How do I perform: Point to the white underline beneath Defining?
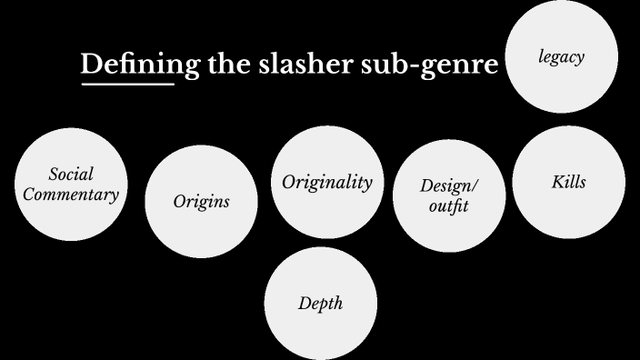pyautogui.click(x=126, y=85)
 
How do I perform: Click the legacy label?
pyautogui.click(x=560, y=57)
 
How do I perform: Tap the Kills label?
pyautogui.click(x=568, y=182)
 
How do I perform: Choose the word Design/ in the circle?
pyautogui.click(x=448, y=186)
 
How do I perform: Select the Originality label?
pyautogui.click(x=326, y=182)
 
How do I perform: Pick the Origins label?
pyautogui.click(x=201, y=201)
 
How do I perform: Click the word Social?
pyautogui.click(x=71, y=174)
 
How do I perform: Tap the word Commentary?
pyautogui.click(x=71, y=194)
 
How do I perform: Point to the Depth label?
pyautogui.click(x=320, y=303)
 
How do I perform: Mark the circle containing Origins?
pyautogui.click(x=201, y=223)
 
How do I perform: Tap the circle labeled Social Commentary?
pyautogui.click(x=71, y=214)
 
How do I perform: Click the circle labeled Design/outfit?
pyautogui.click(x=448, y=227)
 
